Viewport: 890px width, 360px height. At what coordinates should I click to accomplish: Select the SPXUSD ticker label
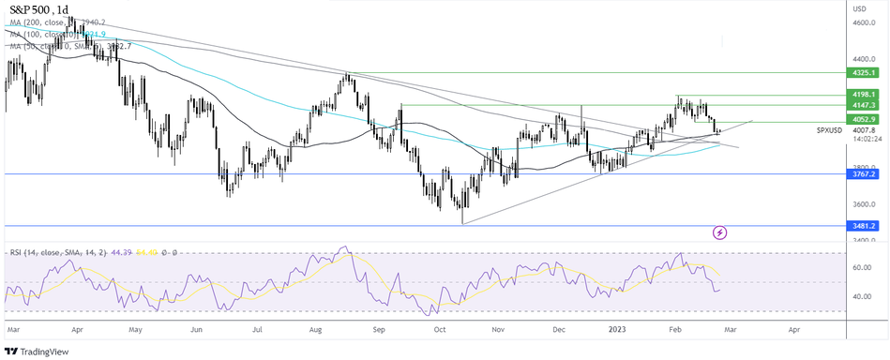(x=830, y=130)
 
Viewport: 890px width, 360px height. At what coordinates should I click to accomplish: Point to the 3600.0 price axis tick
(x=863, y=204)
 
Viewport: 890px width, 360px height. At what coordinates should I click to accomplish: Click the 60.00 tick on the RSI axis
(x=860, y=267)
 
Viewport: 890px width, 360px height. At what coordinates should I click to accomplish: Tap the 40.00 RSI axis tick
(x=860, y=296)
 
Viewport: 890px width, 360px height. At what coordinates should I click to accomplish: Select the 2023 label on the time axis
(x=616, y=330)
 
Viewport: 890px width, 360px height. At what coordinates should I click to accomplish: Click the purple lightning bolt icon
(x=720, y=232)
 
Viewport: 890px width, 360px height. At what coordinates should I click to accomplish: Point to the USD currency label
(x=858, y=8)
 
